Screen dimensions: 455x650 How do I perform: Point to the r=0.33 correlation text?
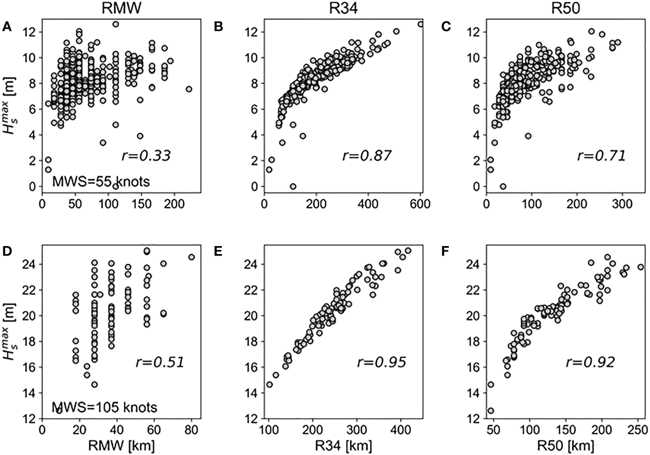pos(146,155)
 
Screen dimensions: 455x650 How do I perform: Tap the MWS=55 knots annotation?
pos(101,181)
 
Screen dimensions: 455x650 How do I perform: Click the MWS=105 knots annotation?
pos(104,407)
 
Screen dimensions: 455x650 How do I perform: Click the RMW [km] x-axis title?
pos(117,445)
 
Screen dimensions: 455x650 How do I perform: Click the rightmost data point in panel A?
pos(189,89)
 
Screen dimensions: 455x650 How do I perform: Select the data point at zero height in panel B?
pos(293,186)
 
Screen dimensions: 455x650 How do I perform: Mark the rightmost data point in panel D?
pos(191,257)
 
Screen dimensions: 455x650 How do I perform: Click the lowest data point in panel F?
pos(491,410)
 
